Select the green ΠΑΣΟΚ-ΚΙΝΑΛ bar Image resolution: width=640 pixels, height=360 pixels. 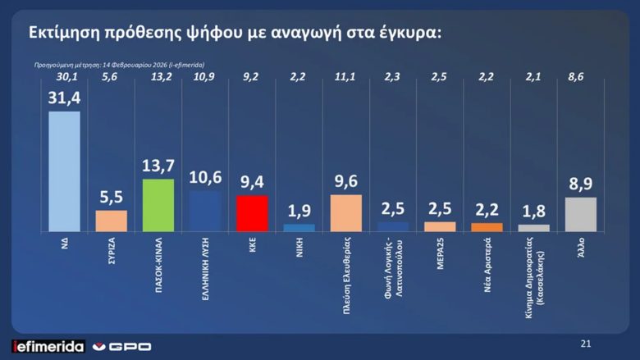(x=158, y=205)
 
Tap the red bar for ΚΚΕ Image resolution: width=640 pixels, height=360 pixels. (x=252, y=213)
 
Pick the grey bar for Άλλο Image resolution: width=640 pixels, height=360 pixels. (x=580, y=214)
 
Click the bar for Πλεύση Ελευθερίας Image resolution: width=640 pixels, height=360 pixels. (x=345, y=213)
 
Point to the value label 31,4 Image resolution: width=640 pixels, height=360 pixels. (x=64, y=98)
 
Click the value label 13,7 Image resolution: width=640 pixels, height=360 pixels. (x=158, y=166)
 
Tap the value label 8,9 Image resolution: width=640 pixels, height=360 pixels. (x=580, y=185)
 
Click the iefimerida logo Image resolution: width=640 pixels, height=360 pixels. (x=48, y=346)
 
